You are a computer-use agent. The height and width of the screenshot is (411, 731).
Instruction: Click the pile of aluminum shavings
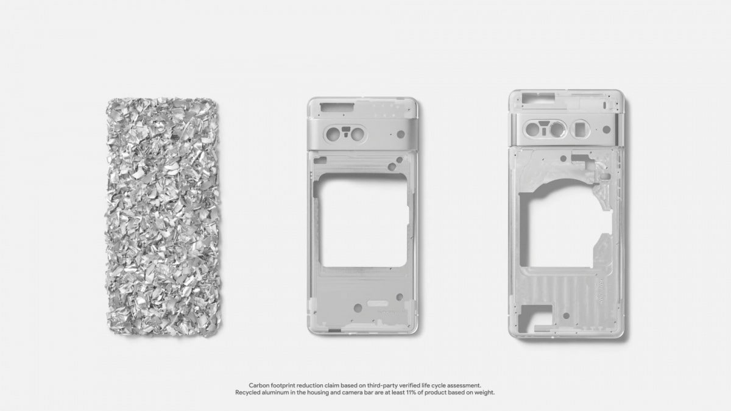click(163, 216)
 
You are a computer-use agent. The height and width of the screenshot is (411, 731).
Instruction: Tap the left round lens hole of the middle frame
click(333, 134)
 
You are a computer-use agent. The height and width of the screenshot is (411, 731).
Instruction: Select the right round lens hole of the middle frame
click(358, 134)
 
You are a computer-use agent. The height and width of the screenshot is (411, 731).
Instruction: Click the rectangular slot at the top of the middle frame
click(337, 107)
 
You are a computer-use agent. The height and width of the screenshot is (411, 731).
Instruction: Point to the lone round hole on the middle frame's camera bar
click(401, 134)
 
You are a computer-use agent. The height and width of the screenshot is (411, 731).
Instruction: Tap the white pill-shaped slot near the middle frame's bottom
click(378, 303)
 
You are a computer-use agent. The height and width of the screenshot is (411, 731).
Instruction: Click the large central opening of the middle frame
click(363, 221)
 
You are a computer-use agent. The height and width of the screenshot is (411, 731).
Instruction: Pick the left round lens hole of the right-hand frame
click(532, 129)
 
